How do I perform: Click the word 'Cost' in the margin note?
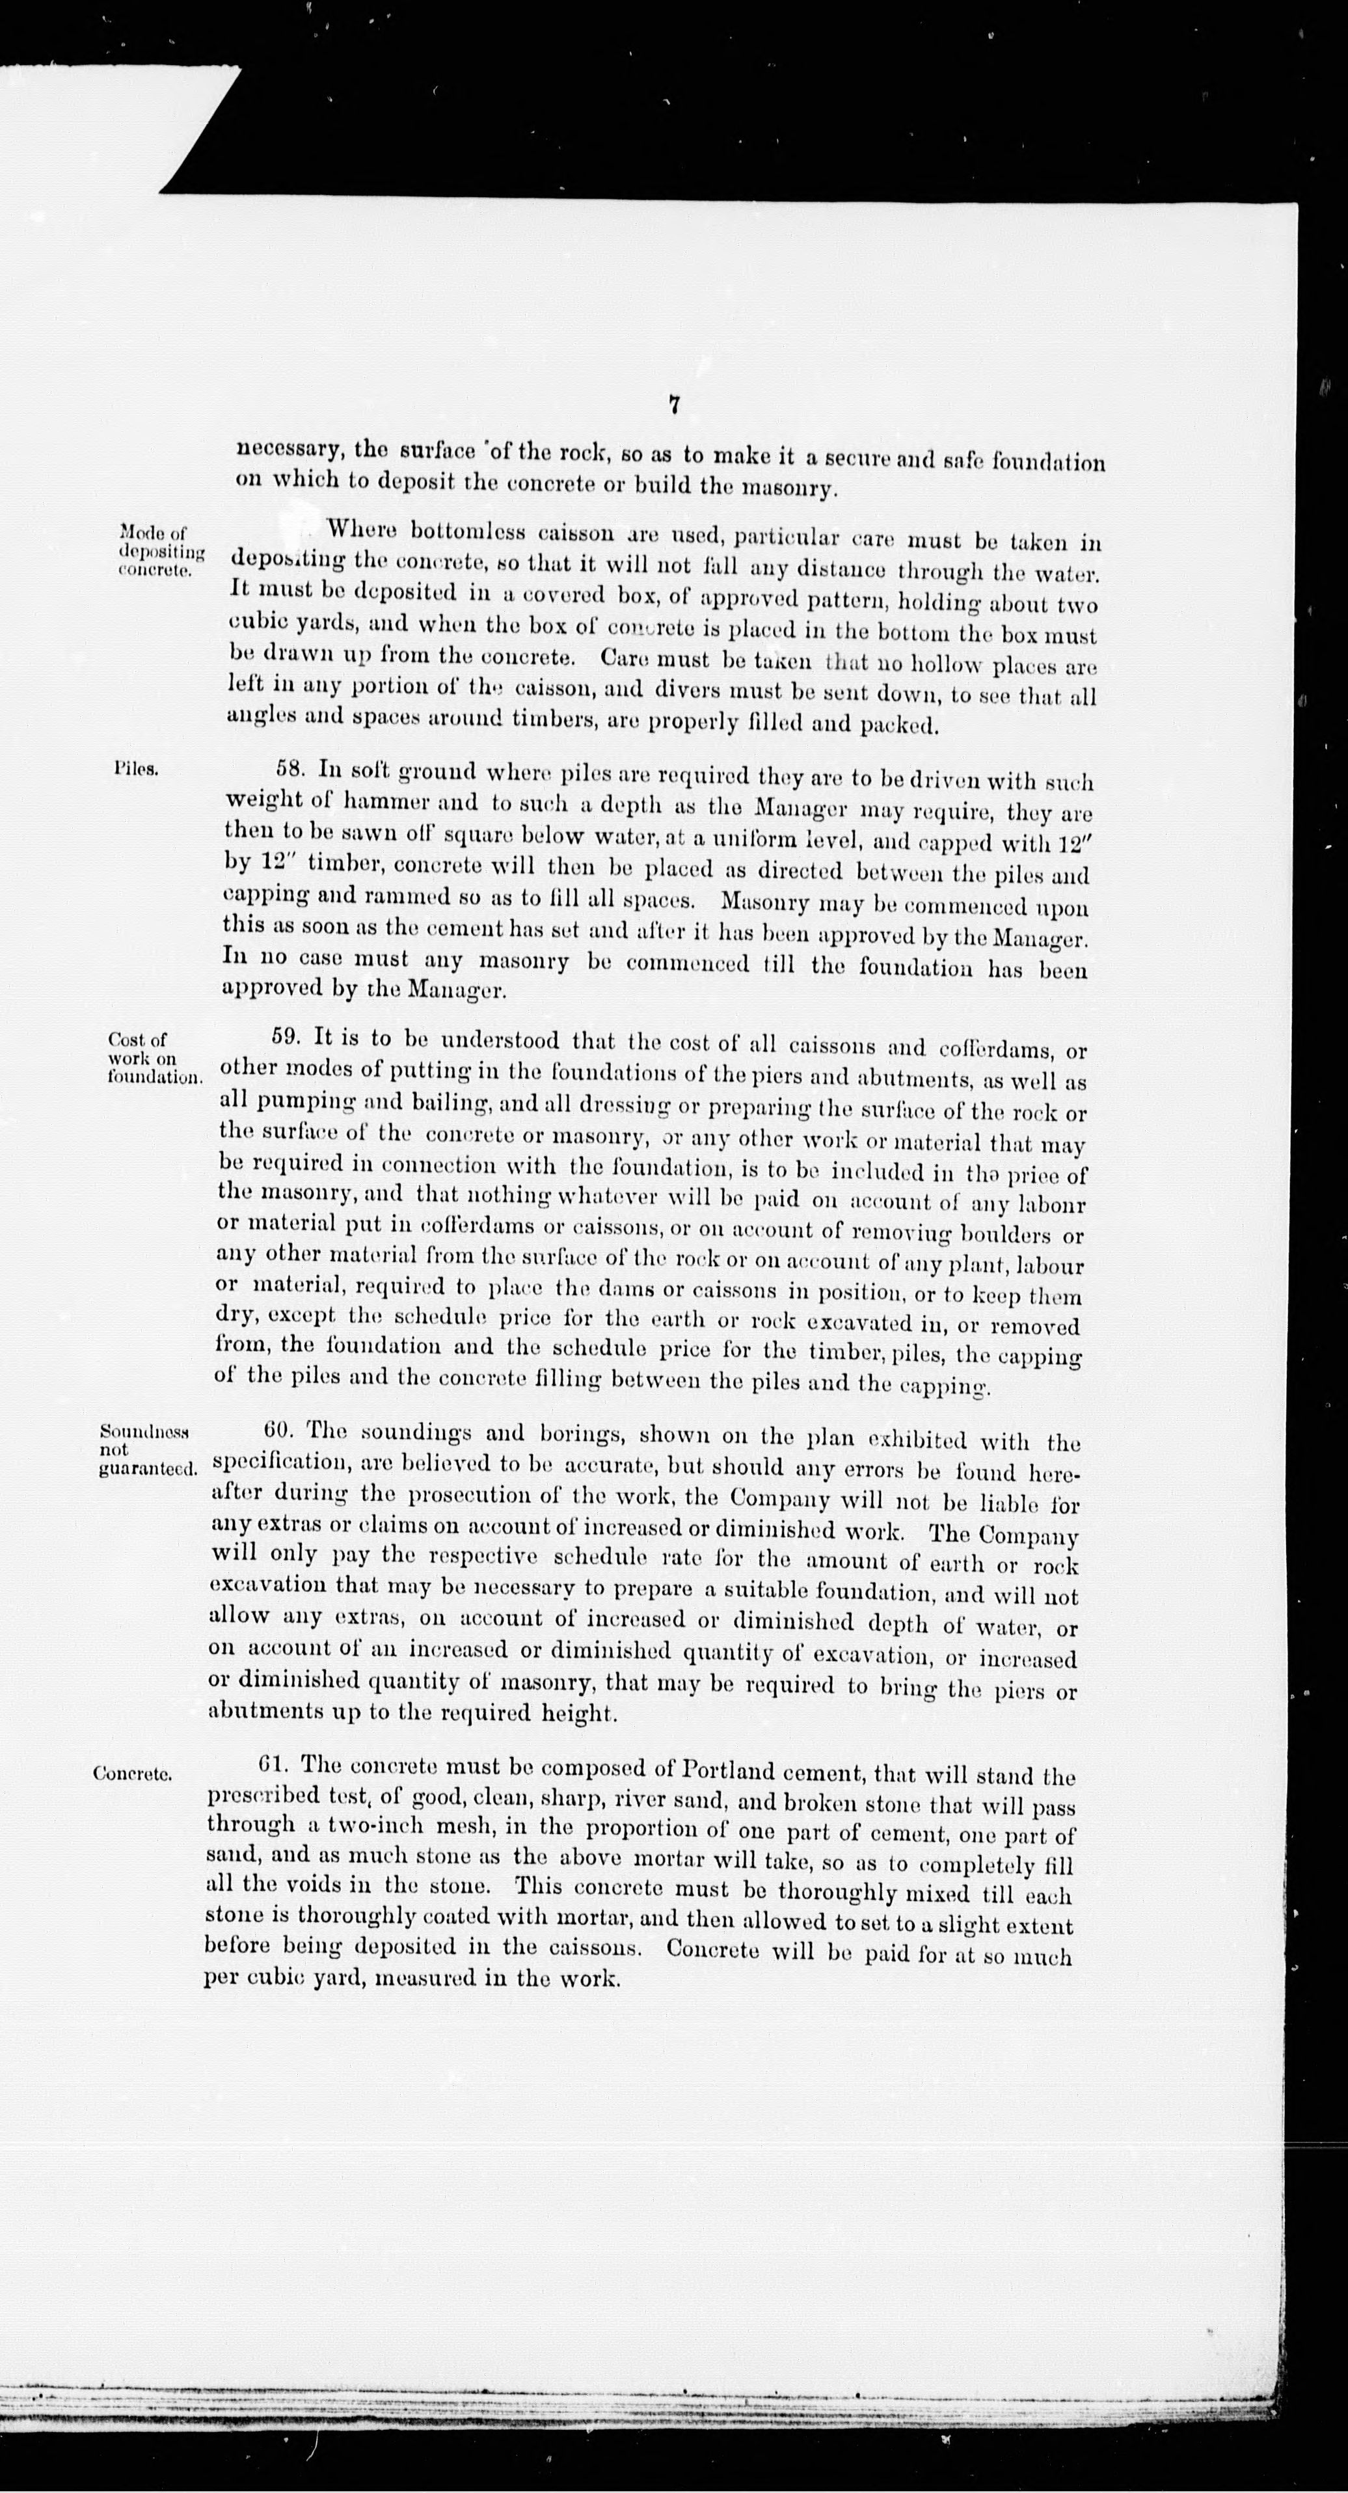pos(124,1040)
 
